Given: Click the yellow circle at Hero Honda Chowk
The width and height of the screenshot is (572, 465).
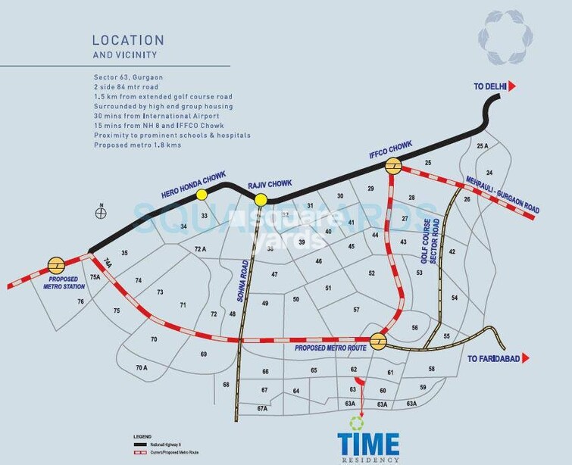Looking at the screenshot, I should (x=202, y=195).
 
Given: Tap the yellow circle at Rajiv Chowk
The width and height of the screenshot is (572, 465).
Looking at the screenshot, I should (x=261, y=200).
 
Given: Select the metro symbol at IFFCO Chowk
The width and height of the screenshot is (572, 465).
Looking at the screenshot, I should (x=393, y=167).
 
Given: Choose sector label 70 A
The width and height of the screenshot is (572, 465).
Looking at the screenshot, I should (x=142, y=368).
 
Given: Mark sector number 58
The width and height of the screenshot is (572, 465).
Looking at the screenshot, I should (x=432, y=369).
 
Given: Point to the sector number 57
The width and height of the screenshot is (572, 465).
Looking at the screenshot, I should (x=355, y=311).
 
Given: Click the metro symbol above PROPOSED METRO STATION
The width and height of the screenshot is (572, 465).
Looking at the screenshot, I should (x=55, y=265).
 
